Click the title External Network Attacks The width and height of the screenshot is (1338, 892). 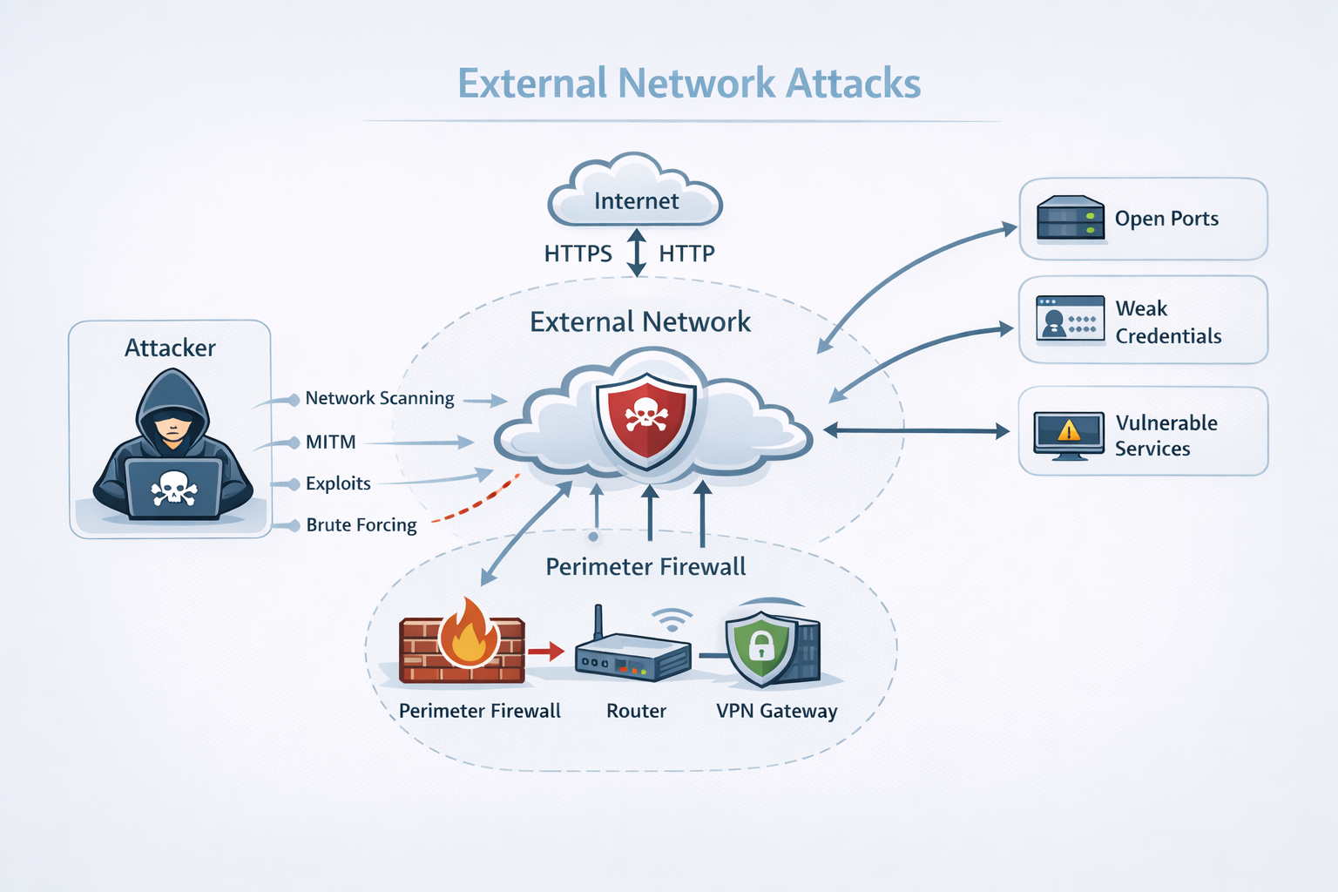(689, 84)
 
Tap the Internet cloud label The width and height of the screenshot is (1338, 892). (636, 201)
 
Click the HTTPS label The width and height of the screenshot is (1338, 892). (578, 253)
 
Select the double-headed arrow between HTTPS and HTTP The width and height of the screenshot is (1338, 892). (637, 253)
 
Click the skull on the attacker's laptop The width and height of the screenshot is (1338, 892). (173, 489)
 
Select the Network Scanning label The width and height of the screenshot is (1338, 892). (380, 398)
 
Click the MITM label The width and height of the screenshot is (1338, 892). (330, 443)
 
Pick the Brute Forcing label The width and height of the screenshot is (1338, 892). (362, 525)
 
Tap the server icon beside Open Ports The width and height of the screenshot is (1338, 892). (1071, 218)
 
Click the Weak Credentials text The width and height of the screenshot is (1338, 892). (1167, 321)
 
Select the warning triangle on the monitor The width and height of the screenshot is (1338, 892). (1069, 430)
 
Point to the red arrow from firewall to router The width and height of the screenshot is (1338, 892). (547, 651)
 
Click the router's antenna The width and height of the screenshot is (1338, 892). (598, 622)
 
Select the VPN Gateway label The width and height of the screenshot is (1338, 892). (776, 711)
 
